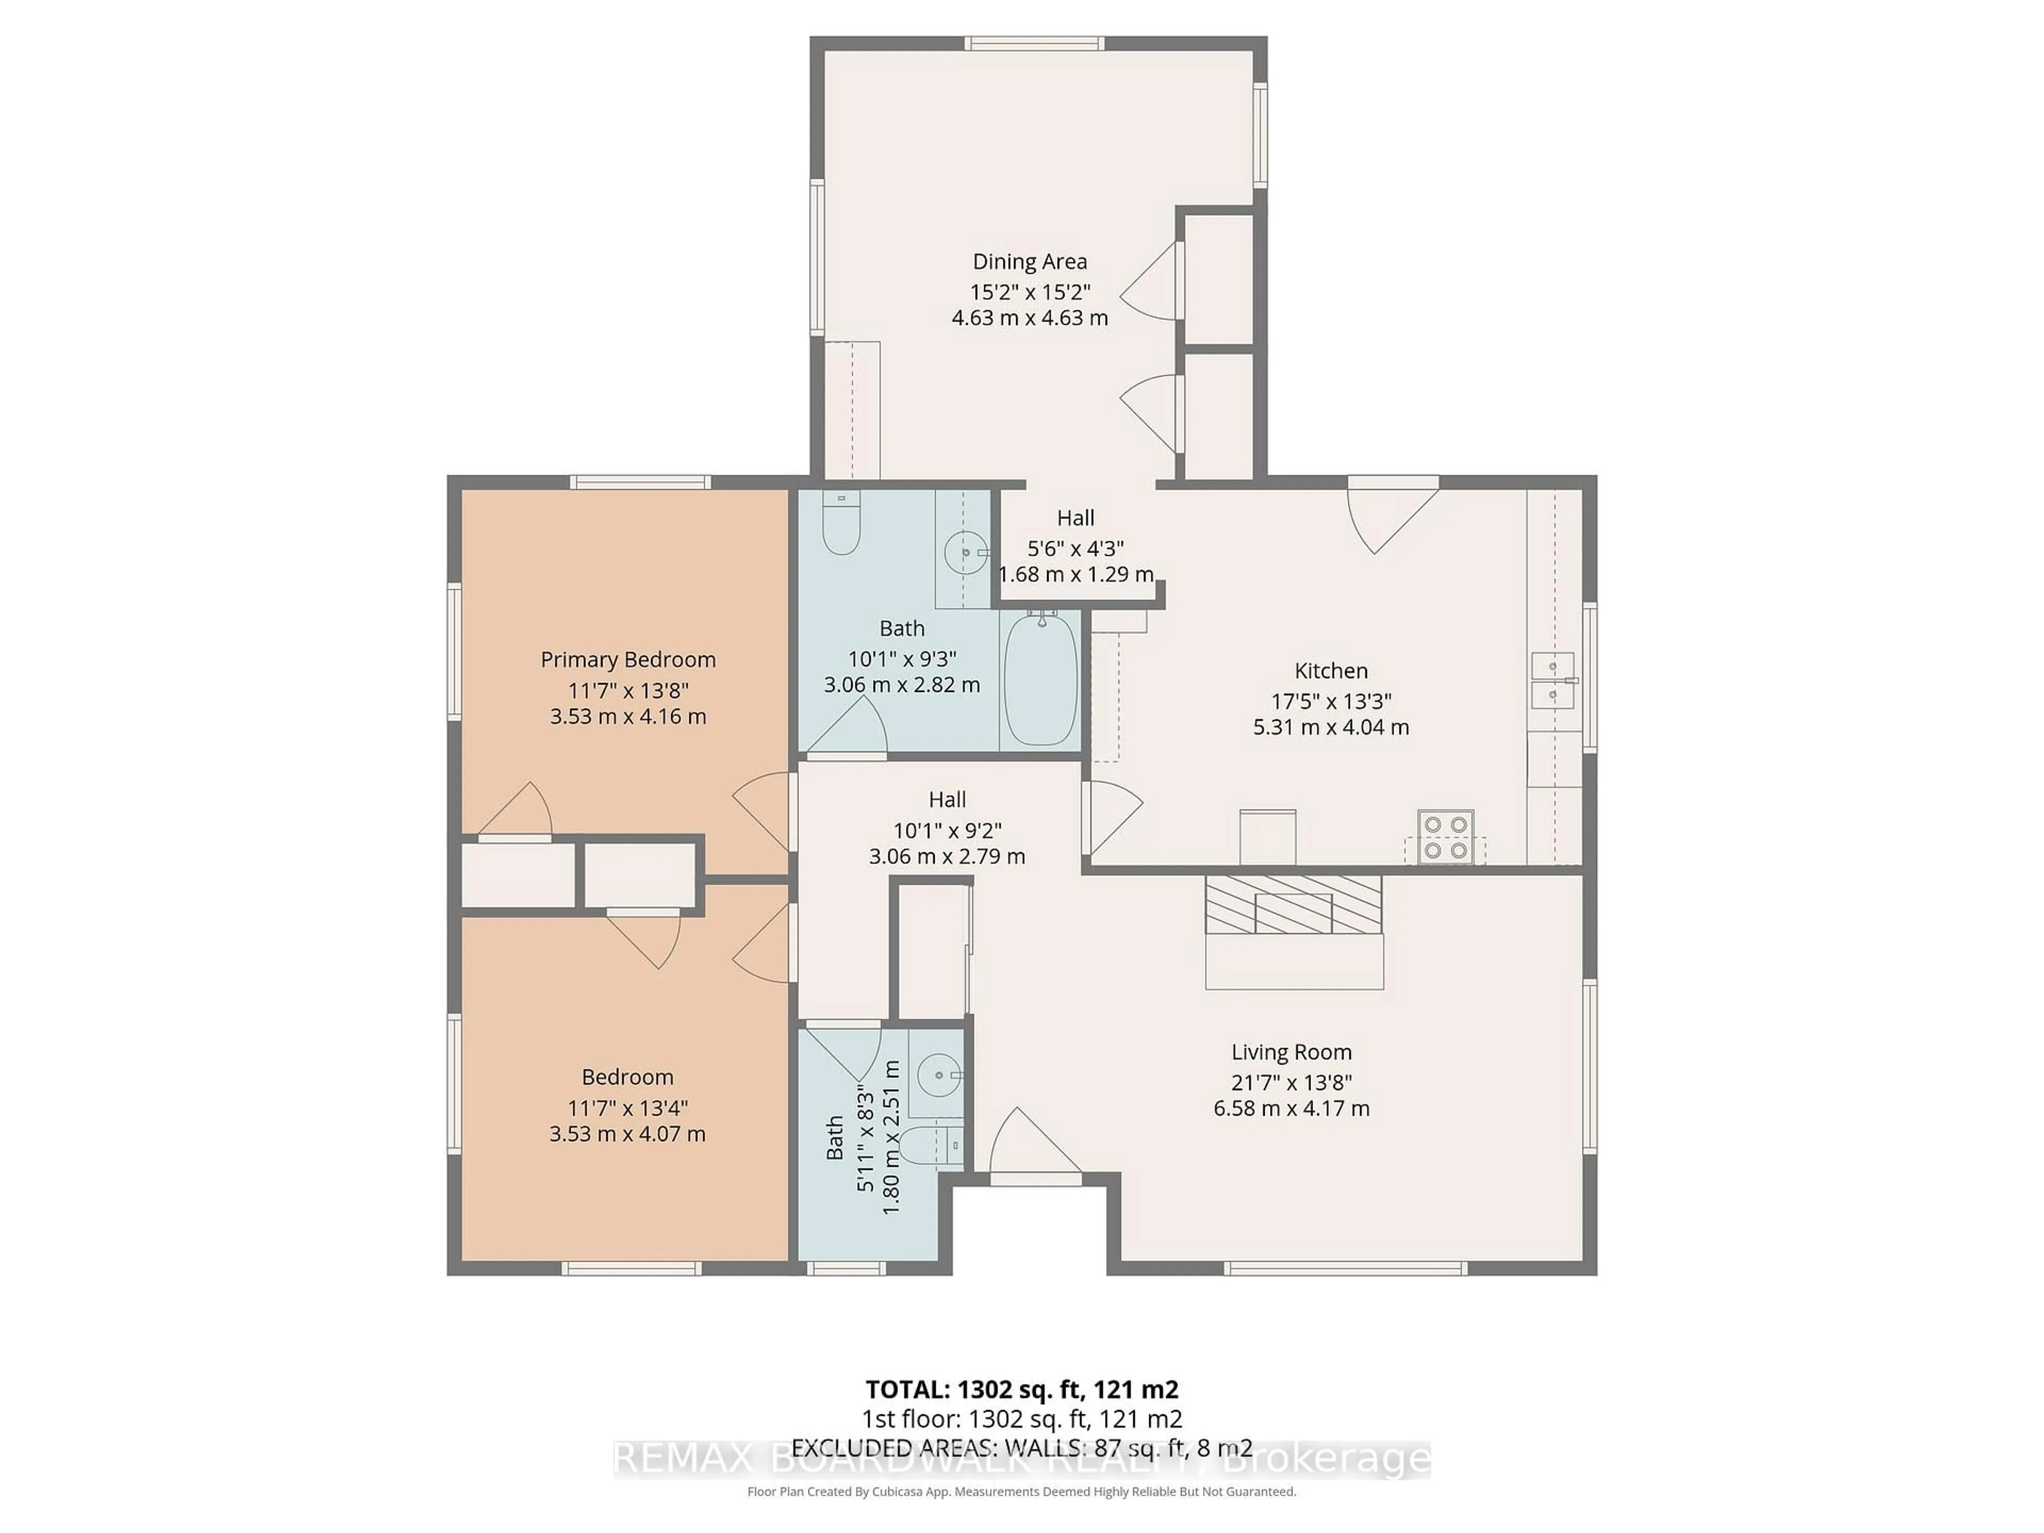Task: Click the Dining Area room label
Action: (x=1029, y=261)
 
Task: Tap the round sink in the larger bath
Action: (x=964, y=553)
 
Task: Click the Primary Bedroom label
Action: (x=628, y=660)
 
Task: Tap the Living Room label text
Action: (x=1291, y=1052)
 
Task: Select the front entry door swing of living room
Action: (x=1031, y=1146)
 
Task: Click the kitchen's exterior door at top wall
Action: (x=1391, y=513)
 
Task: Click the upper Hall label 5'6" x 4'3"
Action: (x=1076, y=547)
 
